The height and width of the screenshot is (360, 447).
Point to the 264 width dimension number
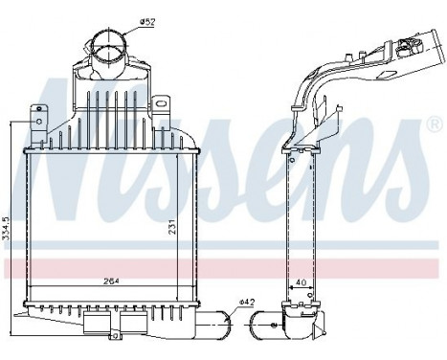coord(112,281)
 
